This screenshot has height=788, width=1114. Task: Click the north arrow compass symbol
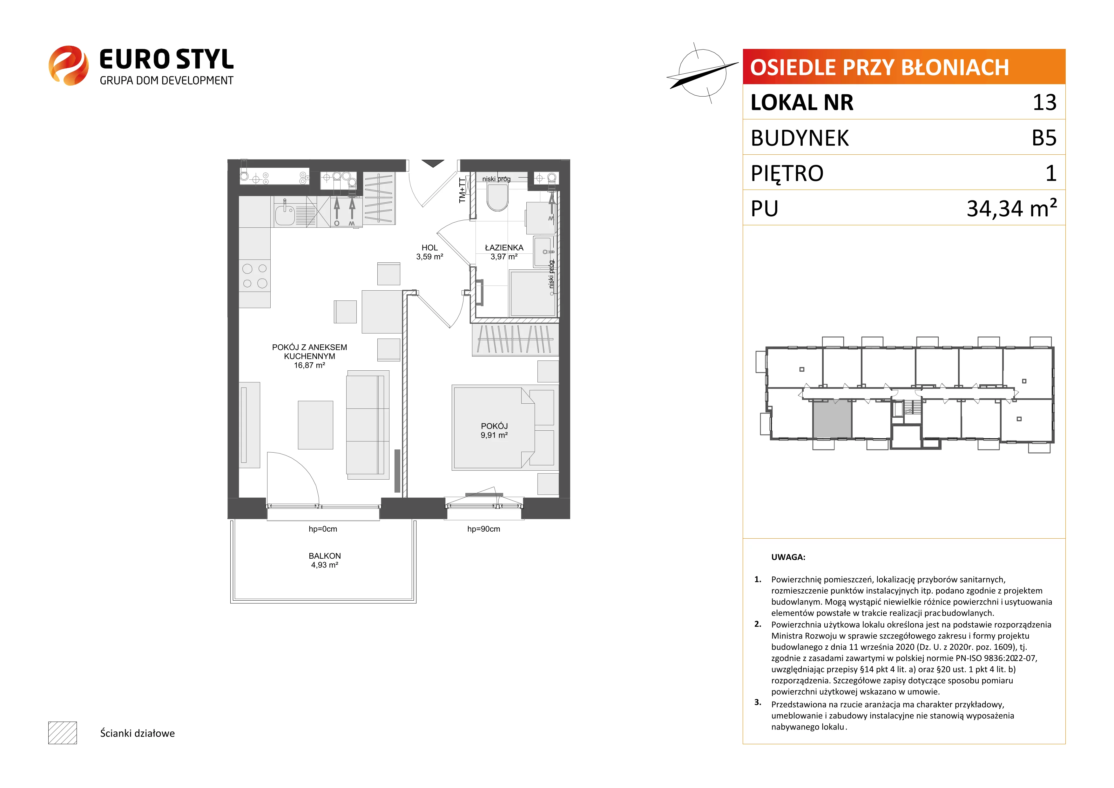coord(702,73)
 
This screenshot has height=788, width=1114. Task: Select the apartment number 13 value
coord(1045,102)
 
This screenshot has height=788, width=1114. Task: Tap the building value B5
coord(1044,138)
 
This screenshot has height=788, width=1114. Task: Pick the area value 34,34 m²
coord(1012,208)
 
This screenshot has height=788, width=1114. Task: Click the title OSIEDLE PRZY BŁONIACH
coord(880,67)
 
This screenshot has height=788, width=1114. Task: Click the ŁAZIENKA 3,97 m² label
coord(504,252)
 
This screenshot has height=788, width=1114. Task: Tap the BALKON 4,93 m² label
coord(325,560)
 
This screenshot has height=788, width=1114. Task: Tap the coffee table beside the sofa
coord(315,425)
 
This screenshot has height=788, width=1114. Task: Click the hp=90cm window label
coord(483,529)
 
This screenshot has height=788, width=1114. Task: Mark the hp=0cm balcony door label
coord(323,529)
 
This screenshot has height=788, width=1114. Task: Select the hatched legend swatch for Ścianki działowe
coord(63,733)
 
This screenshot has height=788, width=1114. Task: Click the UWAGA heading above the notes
coord(788,557)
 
